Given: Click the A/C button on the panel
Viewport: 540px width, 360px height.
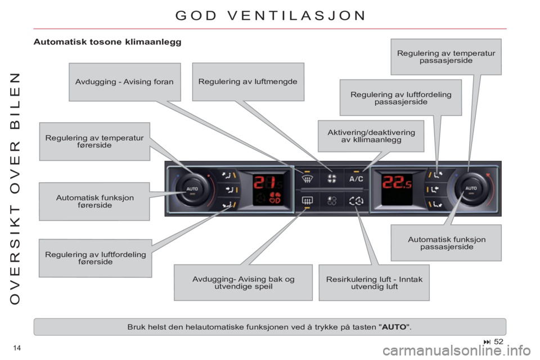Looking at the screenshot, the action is point(356,179).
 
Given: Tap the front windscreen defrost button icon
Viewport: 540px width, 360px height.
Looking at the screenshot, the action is point(307,179).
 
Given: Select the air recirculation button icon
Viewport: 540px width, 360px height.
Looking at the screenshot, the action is point(356,200).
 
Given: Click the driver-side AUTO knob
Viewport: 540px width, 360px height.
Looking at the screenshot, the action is point(192,189).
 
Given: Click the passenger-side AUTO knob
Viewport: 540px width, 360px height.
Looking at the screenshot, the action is point(471,188).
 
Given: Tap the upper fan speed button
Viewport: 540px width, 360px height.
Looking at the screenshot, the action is point(332,178).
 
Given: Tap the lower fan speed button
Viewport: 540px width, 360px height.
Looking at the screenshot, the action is point(332,200).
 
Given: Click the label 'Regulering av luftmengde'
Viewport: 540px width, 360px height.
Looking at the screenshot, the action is point(248,82).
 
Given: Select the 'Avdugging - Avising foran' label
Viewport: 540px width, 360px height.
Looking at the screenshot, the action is point(125,82).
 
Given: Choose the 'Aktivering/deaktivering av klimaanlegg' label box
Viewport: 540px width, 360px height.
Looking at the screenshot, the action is point(371,136).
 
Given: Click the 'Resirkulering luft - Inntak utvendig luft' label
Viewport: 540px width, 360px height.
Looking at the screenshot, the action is point(374,283).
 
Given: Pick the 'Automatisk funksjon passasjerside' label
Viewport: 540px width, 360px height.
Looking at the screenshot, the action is point(446,243).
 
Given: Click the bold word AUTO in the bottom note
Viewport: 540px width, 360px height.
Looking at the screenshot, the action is point(394,327).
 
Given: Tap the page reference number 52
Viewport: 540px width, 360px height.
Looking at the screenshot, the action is point(498,341).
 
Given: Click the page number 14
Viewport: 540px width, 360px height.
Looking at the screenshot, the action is point(17,348).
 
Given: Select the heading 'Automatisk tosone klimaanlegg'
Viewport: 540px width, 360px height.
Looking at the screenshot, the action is point(107,42).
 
